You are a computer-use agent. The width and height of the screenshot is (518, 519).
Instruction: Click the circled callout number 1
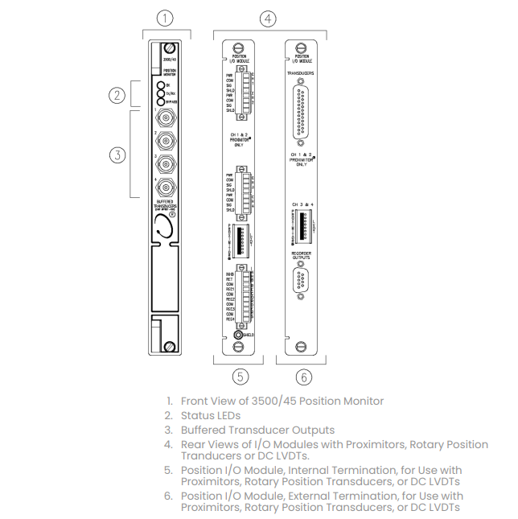[165, 17]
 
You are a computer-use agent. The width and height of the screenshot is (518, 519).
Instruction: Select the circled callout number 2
[119, 96]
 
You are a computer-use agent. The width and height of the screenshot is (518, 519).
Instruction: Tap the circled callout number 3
[119, 154]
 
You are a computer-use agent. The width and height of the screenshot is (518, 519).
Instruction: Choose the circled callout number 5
[239, 377]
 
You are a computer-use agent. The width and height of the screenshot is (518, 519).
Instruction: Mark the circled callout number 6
[303, 377]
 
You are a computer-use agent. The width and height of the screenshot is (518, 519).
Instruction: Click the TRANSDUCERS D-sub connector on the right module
[301, 108]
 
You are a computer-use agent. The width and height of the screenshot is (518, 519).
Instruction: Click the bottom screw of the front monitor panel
[171, 346]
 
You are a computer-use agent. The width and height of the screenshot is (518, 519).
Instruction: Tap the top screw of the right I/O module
[301, 47]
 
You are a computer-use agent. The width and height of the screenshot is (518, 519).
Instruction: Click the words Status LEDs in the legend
[212, 415]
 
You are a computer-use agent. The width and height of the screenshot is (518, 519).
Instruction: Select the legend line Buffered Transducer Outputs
[257, 430]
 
